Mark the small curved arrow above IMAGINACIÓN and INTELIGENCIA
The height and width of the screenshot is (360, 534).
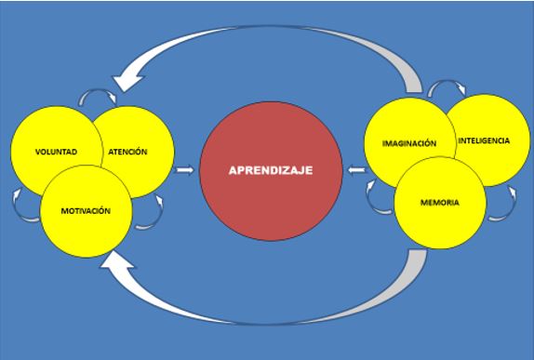pos(441,87)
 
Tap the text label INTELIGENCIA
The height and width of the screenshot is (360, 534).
pos(484,140)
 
